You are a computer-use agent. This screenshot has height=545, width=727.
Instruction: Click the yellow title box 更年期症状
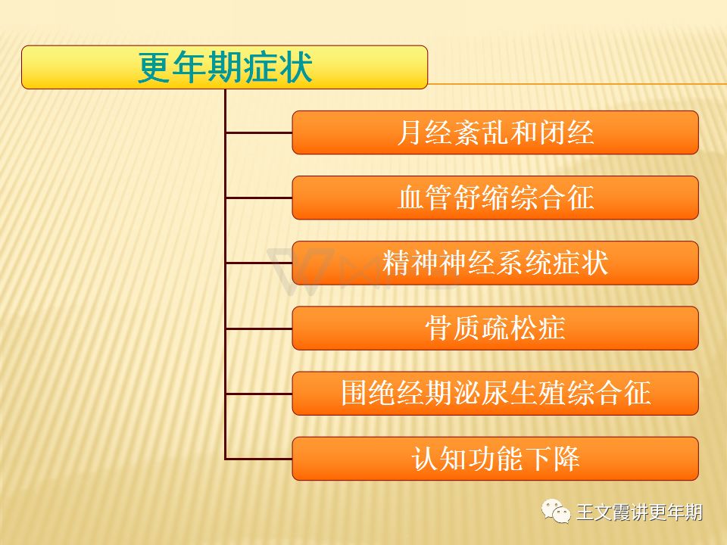tap(224, 67)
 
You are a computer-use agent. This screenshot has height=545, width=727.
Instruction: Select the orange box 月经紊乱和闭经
tap(495, 132)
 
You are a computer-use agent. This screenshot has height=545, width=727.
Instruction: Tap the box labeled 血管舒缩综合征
tap(495, 198)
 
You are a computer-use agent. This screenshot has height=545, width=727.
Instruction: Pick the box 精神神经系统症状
tap(495, 263)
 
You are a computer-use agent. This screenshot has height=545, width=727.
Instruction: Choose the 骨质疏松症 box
tap(495, 328)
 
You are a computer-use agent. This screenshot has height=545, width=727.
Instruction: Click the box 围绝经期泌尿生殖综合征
tap(495, 394)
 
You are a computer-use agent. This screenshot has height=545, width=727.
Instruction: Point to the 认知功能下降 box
tap(495, 459)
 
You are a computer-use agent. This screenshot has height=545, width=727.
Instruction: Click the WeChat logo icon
tap(556, 512)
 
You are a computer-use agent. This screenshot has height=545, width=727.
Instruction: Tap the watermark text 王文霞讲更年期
tap(639, 512)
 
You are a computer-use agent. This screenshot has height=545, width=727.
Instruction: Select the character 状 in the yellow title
tap(295, 67)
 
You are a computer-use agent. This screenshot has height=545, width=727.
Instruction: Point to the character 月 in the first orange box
tap(410, 132)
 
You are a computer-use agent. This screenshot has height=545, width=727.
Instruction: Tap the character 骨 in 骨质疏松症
tap(438, 329)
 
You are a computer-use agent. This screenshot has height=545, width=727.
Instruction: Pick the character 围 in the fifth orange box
tap(354, 394)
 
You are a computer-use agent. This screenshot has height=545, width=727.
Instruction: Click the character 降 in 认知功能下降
tap(566, 459)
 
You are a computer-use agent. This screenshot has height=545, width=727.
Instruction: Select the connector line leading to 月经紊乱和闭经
tap(259, 133)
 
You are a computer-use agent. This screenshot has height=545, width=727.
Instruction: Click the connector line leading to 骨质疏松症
tap(259, 329)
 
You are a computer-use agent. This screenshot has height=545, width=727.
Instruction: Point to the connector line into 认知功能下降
tap(259, 459)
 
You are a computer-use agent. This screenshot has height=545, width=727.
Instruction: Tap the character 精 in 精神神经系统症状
tap(396, 263)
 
